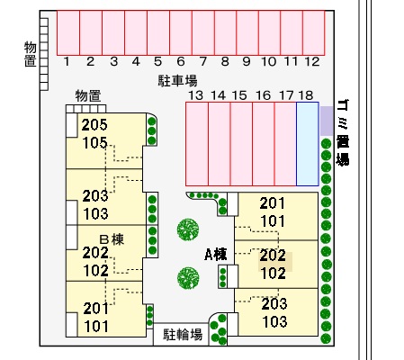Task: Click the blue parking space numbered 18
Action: click(x=308, y=144)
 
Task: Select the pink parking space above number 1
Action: click(x=68, y=33)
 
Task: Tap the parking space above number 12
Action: click(x=314, y=33)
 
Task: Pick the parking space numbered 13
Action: click(x=197, y=144)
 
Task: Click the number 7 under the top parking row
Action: click(x=203, y=61)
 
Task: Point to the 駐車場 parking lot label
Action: click(x=177, y=81)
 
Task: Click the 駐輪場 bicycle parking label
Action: click(x=183, y=335)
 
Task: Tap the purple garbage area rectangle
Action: click(x=327, y=121)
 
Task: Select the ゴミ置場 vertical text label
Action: click(x=343, y=132)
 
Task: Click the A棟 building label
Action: click(x=216, y=255)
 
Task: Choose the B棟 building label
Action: click(x=112, y=239)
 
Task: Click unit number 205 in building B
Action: click(x=94, y=125)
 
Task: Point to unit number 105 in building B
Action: click(x=94, y=143)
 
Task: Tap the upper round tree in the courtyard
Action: click(x=188, y=229)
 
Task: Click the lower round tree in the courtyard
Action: click(x=188, y=277)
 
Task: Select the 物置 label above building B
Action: click(x=88, y=96)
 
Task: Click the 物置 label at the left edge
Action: click(x=31, y=54)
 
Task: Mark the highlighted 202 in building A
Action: click(x=273, y=255)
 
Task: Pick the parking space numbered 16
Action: click(x=264, y=144)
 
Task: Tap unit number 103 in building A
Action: click(x=274, y=321)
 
